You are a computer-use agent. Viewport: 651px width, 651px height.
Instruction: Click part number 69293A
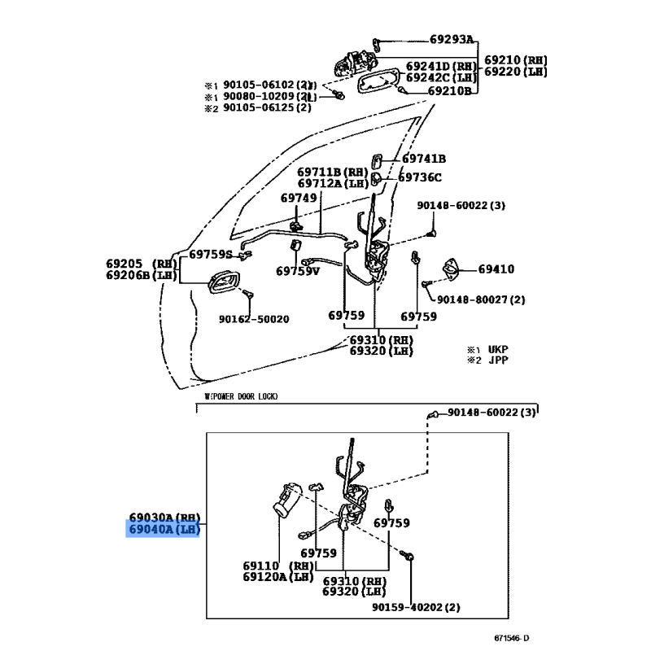[x=452, y=40]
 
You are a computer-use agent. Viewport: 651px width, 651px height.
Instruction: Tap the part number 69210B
[x=450, y=91]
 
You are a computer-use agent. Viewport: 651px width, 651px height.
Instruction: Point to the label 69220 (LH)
[x=516, y=72]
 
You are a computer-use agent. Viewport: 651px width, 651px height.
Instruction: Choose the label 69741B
[x=424, y=159]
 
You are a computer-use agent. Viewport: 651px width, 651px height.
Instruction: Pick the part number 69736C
[x=420, y=177]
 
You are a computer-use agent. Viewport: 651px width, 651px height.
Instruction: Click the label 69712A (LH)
[x=332, y=184]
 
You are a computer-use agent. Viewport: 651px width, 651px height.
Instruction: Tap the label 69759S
[x=211, y=254]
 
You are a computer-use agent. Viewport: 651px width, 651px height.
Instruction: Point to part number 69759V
[x=297, y=271]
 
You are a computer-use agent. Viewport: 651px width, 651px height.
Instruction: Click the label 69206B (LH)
[x=141, y=275]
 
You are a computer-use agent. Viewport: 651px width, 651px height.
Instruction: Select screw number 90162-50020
[x=253, y=320]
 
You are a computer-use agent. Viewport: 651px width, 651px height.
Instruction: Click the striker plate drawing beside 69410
[x=449, y=270]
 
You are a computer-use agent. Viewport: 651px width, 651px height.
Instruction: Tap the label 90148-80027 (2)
[x=481, y=299]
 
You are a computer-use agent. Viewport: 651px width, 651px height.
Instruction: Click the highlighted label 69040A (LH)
[x=163, y=530]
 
